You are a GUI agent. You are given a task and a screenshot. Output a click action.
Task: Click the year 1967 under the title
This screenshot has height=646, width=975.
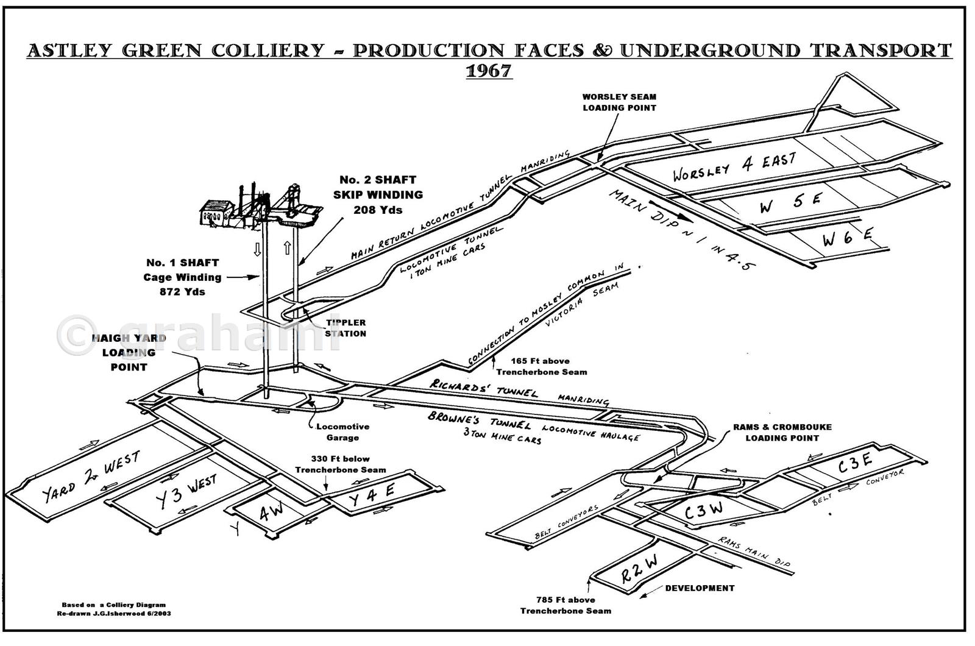(x=489, y=71)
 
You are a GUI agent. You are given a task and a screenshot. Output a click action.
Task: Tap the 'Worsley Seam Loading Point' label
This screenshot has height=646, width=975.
(x=619, y=102)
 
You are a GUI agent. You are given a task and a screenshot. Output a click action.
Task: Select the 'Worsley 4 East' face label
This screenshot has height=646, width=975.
(x=734, y=168)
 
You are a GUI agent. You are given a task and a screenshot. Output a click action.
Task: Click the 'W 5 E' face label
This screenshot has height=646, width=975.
(x=790, y=203)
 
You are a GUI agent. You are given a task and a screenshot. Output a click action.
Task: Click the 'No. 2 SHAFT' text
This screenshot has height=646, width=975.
(x=378, y=180)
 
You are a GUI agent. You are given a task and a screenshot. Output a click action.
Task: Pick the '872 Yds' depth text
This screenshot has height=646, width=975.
(x=182, y=291)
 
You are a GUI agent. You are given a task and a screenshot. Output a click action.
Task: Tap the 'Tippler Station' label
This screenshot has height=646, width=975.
(x=346, y=328)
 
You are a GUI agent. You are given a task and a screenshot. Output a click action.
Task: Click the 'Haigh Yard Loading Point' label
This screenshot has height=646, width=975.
(x=129, y=353)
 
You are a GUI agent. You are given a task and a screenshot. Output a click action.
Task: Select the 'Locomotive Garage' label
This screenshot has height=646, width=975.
(x=342, y=432)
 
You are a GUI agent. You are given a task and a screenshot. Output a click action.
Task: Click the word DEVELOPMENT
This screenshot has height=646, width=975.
(x=699, y=588)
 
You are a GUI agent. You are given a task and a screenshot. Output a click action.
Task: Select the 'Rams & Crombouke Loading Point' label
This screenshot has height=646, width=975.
(x=782, y=432)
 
